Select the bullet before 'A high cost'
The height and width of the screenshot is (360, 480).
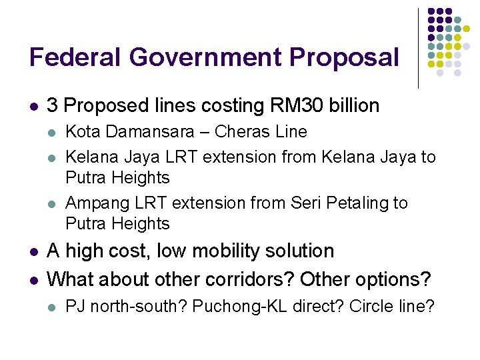[x=33, y=252]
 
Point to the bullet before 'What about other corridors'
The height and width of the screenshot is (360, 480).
[x=33, y=279]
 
